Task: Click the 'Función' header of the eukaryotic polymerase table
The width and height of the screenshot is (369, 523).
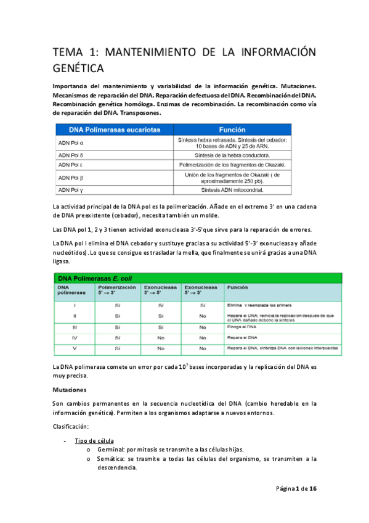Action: pyautogui.click(x=232, y=130)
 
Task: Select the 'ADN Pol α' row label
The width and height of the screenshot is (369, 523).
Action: pyautogui.click(x=71, y=143)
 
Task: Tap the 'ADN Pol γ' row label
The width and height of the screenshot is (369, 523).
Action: pyautogui.click(x=71, y=190)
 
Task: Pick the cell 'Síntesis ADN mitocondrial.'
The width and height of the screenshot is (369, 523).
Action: pyautogui.click(x=232, y=190)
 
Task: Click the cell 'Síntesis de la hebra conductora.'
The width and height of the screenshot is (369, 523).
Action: pyautogui.click(x=232, y=155)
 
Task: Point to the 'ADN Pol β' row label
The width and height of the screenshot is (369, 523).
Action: pyautogui.click(x=71, y=178)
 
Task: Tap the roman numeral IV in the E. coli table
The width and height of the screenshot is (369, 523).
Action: pyautogui.click(x=75, y=338)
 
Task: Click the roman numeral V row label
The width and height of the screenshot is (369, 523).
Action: pyautogui.click(x=75, y=349)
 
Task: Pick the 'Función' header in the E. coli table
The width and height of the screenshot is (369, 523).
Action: pyautogui.click(x=237, y=287)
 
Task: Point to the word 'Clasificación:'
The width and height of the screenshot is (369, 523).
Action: pyautogui.click(x=71, y=427)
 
